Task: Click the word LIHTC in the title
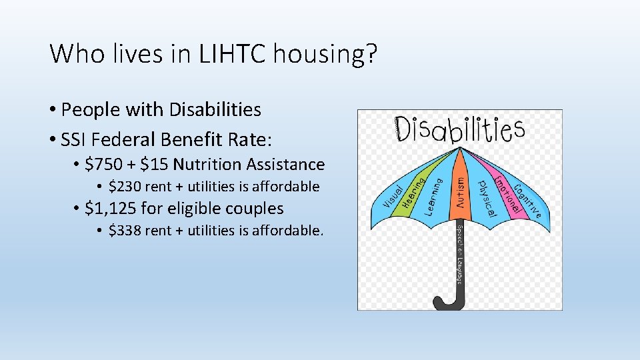(x=229, y=53)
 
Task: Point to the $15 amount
(x=155, y=164)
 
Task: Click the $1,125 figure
(x=111, y=209)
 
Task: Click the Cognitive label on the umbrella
(x=531, y=199)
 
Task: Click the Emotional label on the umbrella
(x=509, y=195)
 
